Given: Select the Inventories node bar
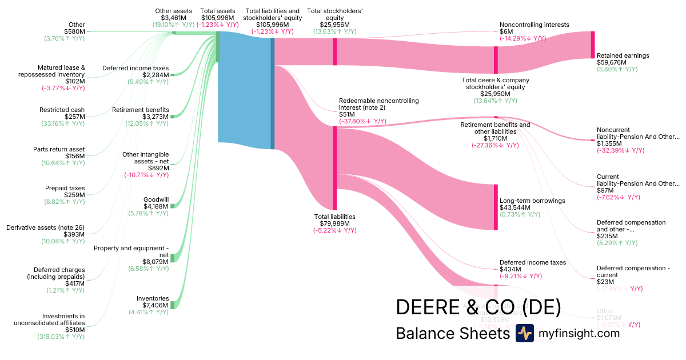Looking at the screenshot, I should (x=172, y=305).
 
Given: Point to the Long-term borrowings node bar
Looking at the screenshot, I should (x=496, y=207).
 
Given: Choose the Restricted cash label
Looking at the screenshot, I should (x=62, y=109).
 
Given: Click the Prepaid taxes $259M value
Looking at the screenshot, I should (x=73, y=195).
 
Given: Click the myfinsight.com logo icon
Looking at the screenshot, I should (x=524, y=333).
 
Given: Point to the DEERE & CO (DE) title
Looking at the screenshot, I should (x=478, y=307).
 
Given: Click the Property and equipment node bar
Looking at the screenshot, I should (x=172, y=258).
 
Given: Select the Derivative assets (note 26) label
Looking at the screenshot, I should (x=46, y=227).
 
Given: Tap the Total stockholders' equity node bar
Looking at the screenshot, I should (x=335, y=51).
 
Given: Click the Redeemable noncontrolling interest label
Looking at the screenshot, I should (x=378, y=104).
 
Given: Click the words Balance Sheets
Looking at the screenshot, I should (x=452, y=333).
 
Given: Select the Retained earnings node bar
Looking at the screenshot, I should (x=593, y=45).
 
